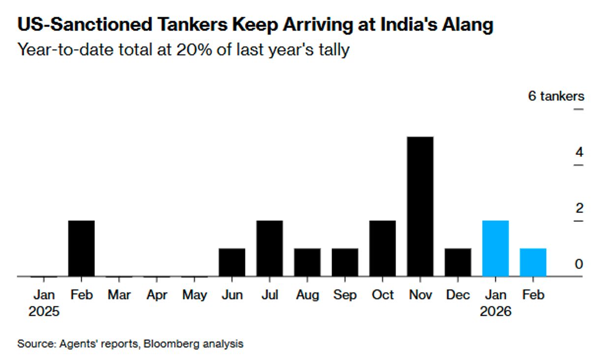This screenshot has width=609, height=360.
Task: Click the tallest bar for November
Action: [x=421, y=207]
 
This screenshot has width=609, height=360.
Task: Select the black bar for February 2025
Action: [x=81, y=248]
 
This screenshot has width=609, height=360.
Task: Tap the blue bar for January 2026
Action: [x=496, y=248]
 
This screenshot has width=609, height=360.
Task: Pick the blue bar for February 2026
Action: [x=533, y=262]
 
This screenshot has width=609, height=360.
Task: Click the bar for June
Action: [x=232, y=262]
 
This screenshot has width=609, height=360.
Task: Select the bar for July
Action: [x=270, y=248]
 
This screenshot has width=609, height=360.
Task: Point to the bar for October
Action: [x=383, y=248]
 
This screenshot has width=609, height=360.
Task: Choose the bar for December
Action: [x=458, y=262]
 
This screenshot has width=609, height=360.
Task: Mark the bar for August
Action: [x=307, y=262]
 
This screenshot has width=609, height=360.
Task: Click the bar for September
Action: [x=345, y=262]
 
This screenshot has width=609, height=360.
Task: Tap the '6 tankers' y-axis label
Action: [x=556, y=96]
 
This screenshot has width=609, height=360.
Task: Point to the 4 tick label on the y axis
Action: [x=579, y=152]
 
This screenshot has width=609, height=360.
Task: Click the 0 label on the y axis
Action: [x=579, y=264]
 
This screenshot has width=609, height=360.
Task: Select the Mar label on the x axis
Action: [x=119, y=295]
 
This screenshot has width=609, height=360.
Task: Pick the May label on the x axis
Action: [x=194, y=295]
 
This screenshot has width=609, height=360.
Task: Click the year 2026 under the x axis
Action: [x=496, y=311]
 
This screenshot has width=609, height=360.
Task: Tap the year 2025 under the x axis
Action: [x=44, y=311]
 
